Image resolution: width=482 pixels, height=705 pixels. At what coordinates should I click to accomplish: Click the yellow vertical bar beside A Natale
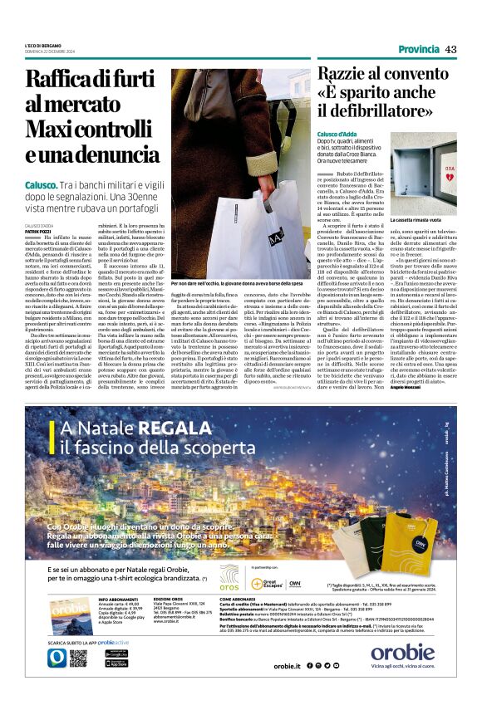(x=53, y=439)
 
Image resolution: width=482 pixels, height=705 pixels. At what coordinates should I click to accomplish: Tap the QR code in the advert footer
(x=78, y=658)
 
